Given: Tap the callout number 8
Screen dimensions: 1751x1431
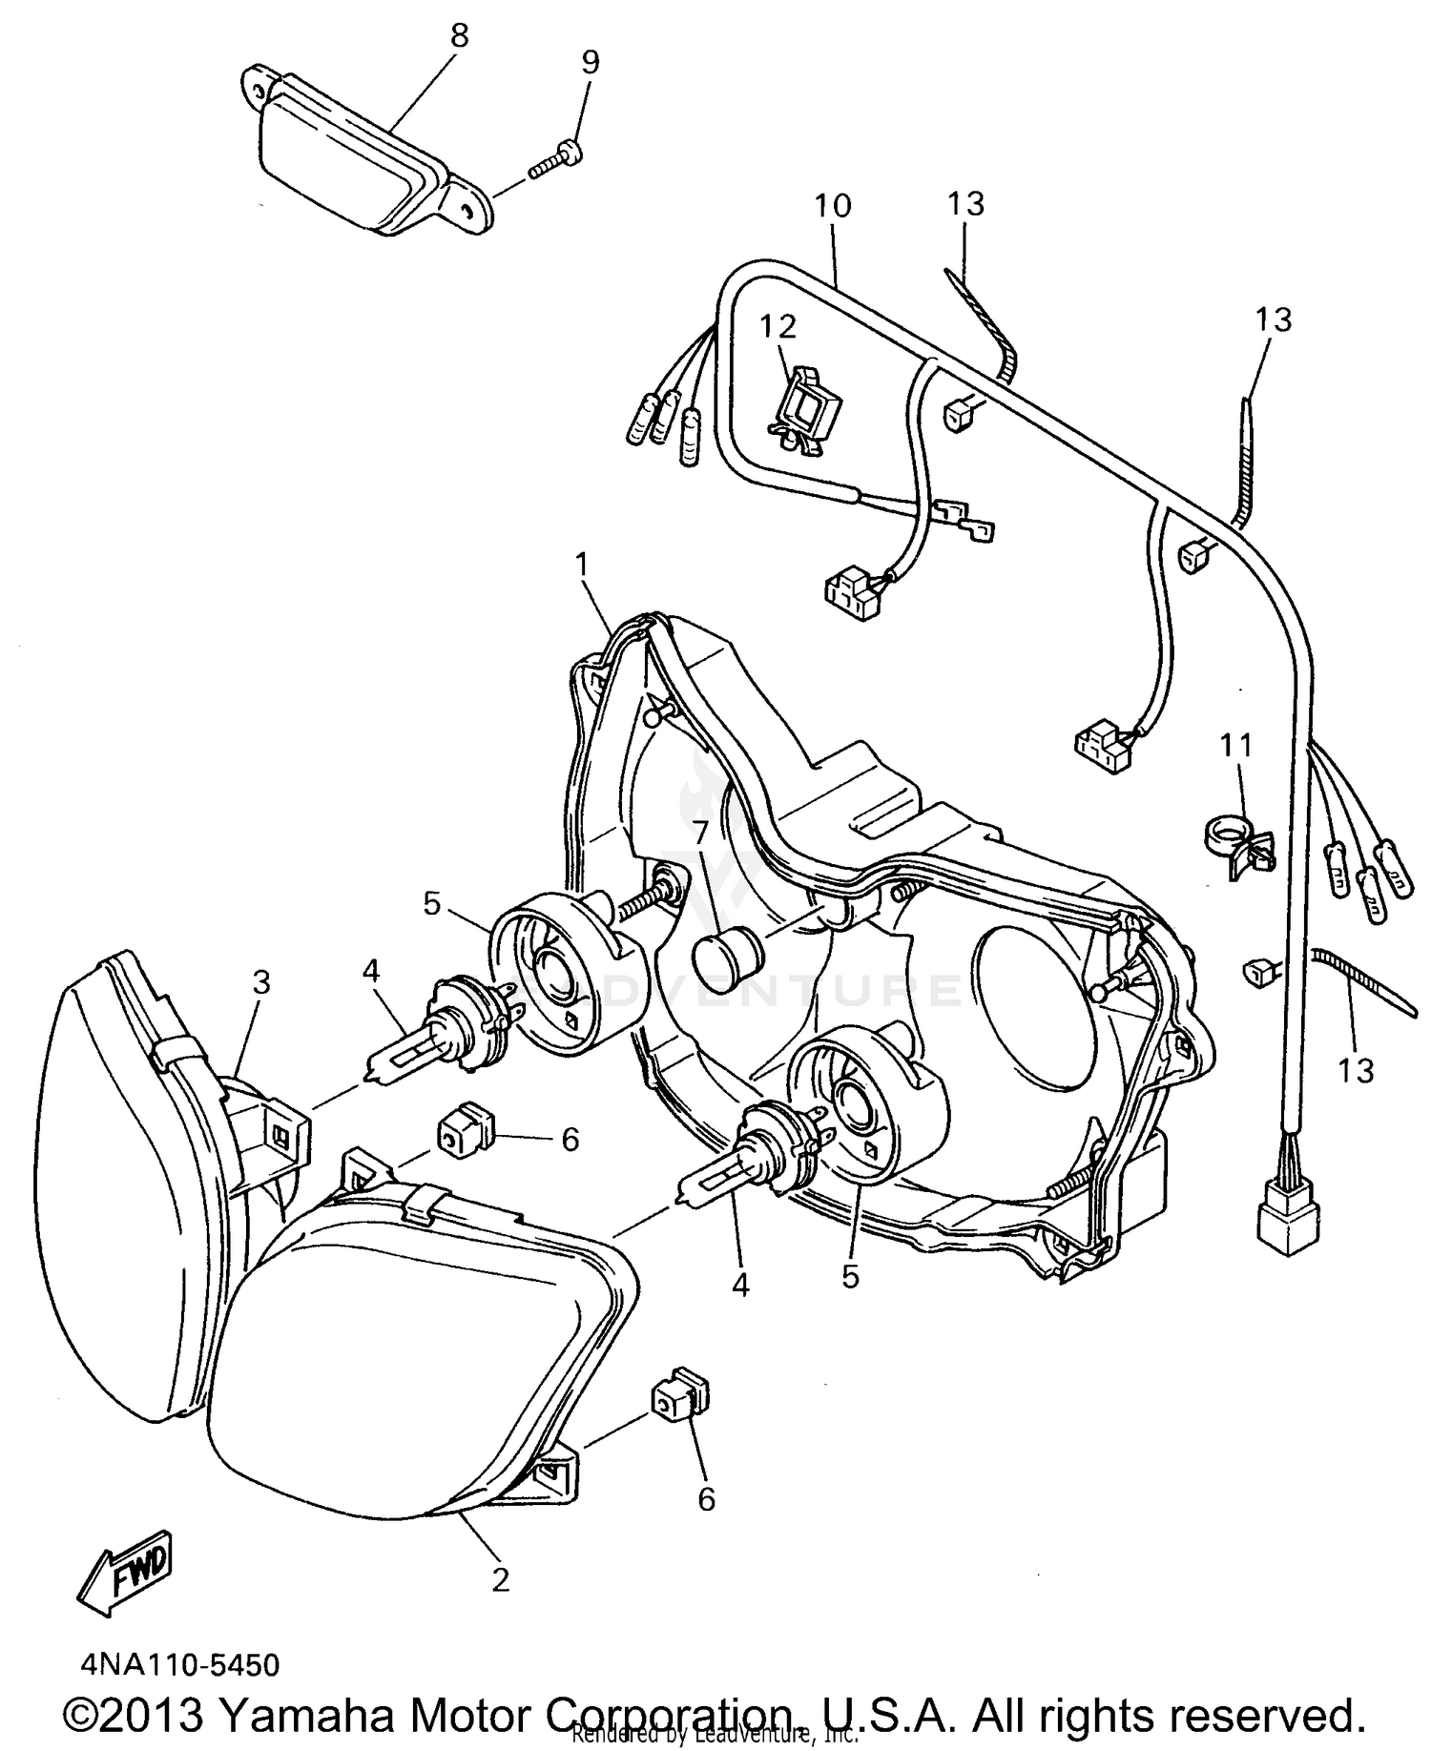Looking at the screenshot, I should pos(459,36).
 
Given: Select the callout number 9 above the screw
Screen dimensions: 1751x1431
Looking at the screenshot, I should pos(591,62).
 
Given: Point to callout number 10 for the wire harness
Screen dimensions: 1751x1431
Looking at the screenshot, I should pos(833,205).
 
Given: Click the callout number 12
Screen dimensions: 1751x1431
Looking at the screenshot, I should pos(778,326).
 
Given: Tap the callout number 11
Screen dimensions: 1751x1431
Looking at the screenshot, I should pos(1236,745).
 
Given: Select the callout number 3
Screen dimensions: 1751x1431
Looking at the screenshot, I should pos(260,982).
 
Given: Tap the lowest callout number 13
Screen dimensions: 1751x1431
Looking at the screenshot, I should pos(1355,1070).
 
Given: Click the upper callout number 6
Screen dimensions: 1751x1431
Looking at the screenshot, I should pos(570,1139).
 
